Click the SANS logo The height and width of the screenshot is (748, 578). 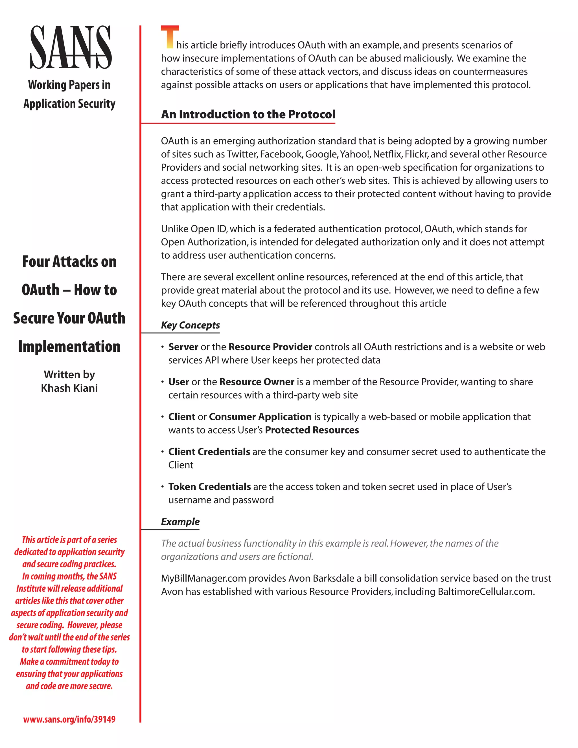point(71,47)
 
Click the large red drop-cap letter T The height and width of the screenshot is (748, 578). point(170,37)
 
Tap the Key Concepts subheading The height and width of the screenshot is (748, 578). point(191,325)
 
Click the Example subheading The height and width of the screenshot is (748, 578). point(180,522)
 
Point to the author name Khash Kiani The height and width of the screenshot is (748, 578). point(69,388)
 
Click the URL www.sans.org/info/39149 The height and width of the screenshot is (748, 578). point(69,719)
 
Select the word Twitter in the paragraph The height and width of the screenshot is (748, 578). point(241,154)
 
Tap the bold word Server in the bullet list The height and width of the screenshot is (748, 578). point(183,347)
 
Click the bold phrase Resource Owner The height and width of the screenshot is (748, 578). point(257,382)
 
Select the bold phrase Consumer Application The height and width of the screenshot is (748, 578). point(260,417)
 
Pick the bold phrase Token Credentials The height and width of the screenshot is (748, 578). point(210,487)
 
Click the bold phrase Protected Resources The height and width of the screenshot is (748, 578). point(312,430)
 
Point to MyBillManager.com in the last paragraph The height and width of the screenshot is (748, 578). point(203,578)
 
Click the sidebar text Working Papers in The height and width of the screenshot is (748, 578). point(69,85)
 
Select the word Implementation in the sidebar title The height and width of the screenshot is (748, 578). point(69,347)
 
